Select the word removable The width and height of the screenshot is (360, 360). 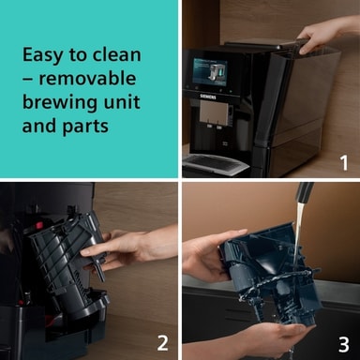pyautogui.click(x=87, y=78)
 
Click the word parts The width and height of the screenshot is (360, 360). pyautogui.click(x=85, y=127)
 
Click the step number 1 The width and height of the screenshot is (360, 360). pyautogui.click(x=344, y=163)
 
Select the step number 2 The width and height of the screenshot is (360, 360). pyautogui.click(x=163, y=343)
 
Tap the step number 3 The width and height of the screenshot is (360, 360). pyautogui.click(x=344, y=345)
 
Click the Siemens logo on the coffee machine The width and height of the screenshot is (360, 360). pyautogui.click(x=208, y=97)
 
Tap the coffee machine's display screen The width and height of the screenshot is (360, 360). pyautogui.click(x=210, y=72)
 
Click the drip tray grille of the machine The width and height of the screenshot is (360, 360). pyautogui.click(x=212, y=161)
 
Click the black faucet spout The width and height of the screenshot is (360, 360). pyautogui.click(x=304, y=192)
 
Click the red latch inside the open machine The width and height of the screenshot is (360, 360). pyautogui.click(x=39, y=225)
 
